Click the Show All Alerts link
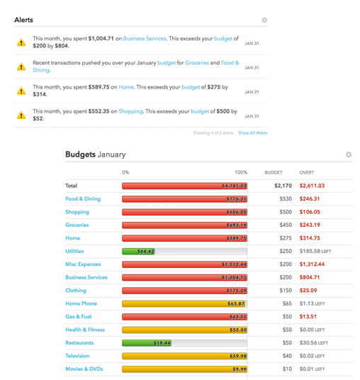[x=253, y=133]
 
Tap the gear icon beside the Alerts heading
[x=264, y=20]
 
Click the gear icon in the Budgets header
[x=349, y=155]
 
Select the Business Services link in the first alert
[x=145, y=38]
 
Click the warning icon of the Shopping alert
[x=21, y=115]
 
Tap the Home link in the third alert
[x=126, y=87]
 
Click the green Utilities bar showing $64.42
[x=139, y=251]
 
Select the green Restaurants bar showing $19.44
[x=147, y=343]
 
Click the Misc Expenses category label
[x=83, y=264]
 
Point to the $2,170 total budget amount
[x=283, y=186]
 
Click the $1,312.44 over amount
[x=312, y=264]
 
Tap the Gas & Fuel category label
[x=78, y=316]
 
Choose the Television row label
[x=77, y=356]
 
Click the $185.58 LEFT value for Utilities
[x=315, y=251]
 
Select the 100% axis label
[x=241, y=172]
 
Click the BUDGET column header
[x=274, y=172]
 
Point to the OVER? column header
[x=307, y=172]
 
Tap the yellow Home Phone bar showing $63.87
[x=184, y=303]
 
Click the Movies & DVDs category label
[x=84, y=369]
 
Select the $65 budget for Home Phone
[x=287, y=303]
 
